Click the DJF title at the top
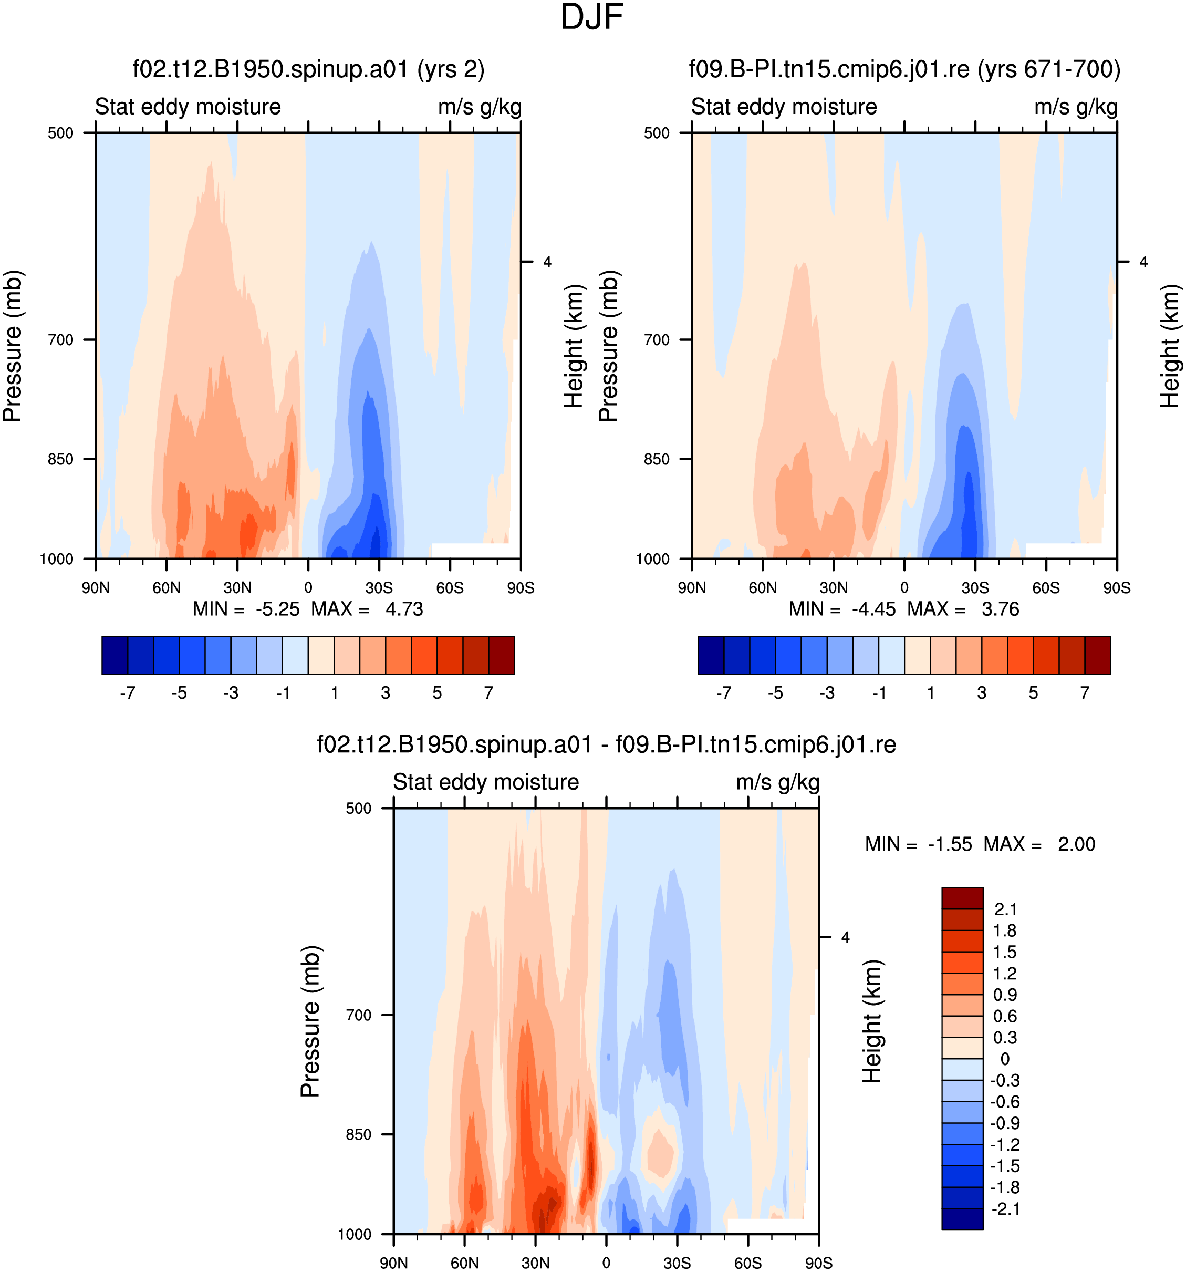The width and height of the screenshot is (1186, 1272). pyautogui.click(x=592, y=17)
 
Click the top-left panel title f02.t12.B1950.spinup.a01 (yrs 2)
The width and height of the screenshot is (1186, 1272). pyautogui.click(x=308, y=69)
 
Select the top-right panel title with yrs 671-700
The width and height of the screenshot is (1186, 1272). pyautogui.click(x=904, y=69)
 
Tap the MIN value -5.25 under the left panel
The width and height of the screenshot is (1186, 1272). pyautogui.click(x=278, y=608)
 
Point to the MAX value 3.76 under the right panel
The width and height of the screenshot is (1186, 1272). pyautogui.click(x=1001, y=608)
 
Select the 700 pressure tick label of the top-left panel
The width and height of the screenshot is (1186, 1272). pyautogui.click(x=61, y=340)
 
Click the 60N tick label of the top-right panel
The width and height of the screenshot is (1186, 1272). pyautogui.click(x=763, y=587)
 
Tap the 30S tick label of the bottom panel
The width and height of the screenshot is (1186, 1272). pyautogui.click(x=677, y=1263)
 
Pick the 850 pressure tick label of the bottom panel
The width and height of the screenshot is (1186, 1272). pyautogui.click(x=358, y=1134)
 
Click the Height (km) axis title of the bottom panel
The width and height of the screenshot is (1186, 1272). pyautogui.click(x=871, y=1021)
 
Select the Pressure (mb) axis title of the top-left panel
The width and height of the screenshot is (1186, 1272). pyautogui.click(x=12, y=346)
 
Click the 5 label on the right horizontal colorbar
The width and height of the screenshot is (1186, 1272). pyautogui.click(x=1033, y=693)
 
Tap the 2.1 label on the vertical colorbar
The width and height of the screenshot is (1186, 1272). pyautogui.click(x=1005, y=909)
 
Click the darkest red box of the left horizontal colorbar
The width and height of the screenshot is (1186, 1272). pyautogui.click(x=502, y=655)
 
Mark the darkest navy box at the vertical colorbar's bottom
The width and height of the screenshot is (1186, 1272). pyautogui.click(x=962, y=1219)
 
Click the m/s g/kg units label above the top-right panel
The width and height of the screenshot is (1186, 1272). pyautogui.click(x=1076, y=107)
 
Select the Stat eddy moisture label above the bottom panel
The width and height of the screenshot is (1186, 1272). pyautogui.click(x=485, y=782)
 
